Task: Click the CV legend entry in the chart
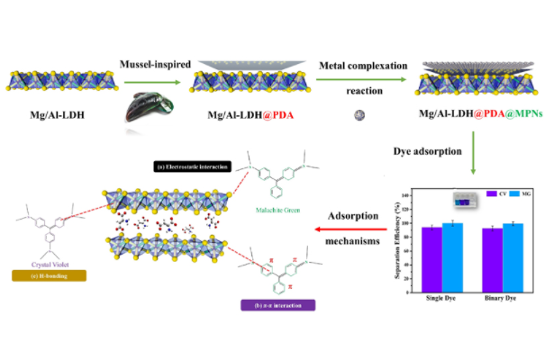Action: pos(494,193)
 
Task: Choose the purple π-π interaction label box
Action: pos(277,306)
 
